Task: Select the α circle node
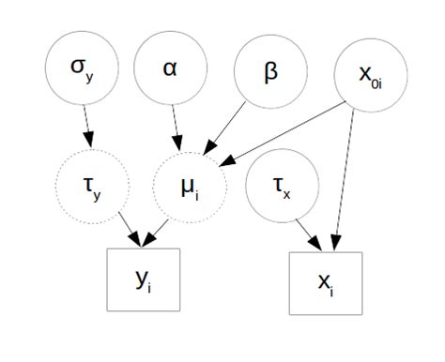170,71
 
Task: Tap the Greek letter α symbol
170,70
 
